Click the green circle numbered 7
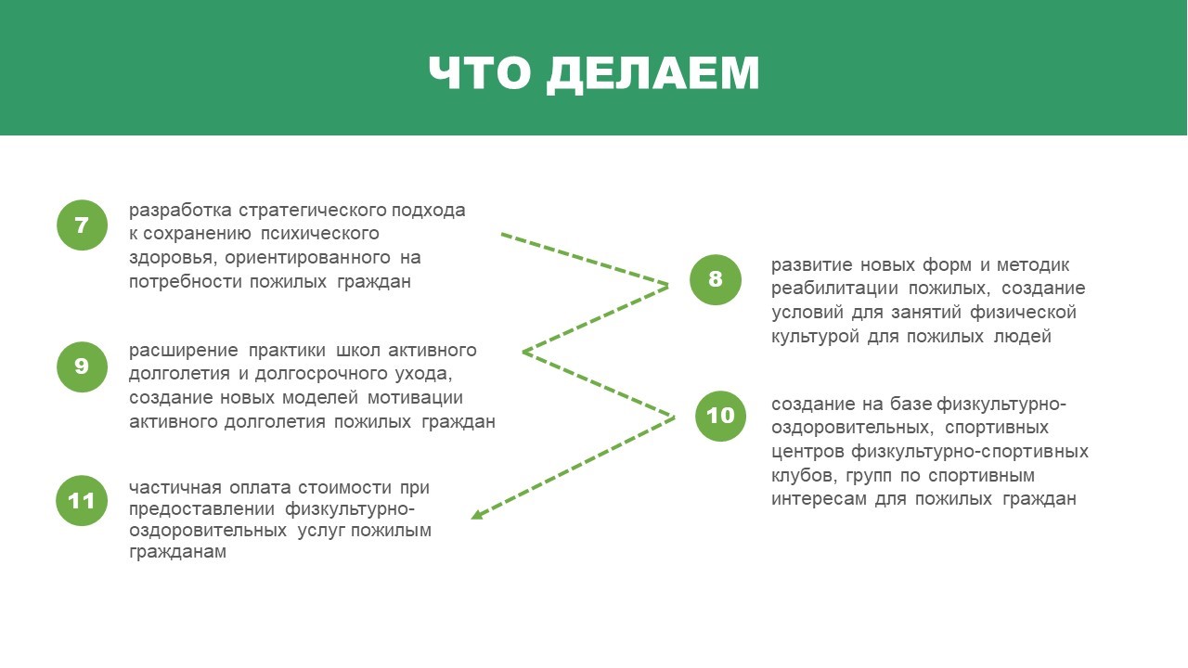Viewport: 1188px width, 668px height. coord(82,225)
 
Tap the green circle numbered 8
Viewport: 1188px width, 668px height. coord(716,279)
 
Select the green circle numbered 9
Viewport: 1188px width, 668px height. coord(82,366)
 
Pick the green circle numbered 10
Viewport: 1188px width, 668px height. coord(720,417)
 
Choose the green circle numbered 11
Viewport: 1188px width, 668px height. coord(82,500)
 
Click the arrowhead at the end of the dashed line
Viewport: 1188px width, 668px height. coord(476,514)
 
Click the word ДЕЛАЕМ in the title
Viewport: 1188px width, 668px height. coord(652,73)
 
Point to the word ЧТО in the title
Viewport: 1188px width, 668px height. coord(480,72)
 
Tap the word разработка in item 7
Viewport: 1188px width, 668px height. coord(180,211)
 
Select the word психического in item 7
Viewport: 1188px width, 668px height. coord(320,234)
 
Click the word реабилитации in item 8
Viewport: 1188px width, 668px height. coord(834,289)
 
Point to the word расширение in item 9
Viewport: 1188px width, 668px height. coord(184,351)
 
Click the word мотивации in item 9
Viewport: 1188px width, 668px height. coord(415,398)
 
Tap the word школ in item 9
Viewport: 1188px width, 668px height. coord(358,351)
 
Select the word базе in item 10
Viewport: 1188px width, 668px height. coord(910,404)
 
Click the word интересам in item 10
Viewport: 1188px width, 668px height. coord(819,499)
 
